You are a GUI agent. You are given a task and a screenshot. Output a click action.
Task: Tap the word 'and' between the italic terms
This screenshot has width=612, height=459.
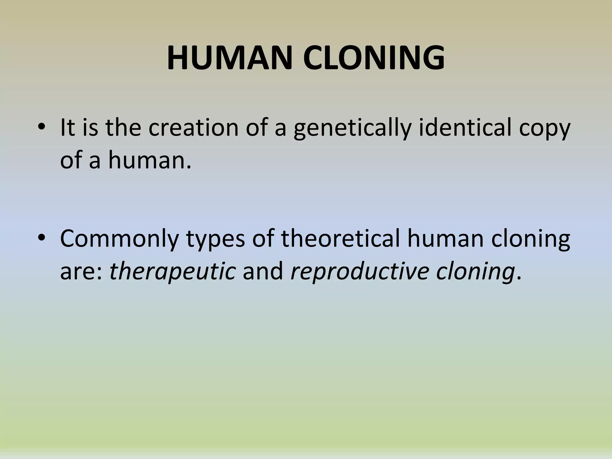point(263,271)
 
